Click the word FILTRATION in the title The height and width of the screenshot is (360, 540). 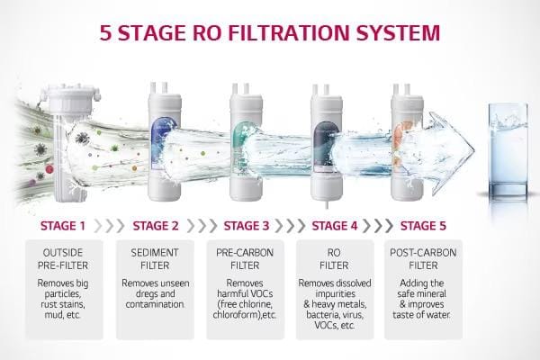pyautogui.click(x=289, y=32)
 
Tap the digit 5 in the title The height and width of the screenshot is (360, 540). pyautogui.click(x=106, y=32)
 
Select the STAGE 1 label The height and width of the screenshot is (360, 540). pyautogui.click(x=63, y=226)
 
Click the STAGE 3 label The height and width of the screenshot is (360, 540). pyautogui.click(x=247, y=226)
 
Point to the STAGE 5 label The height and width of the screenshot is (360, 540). pyautogui.click(x=423, y=226)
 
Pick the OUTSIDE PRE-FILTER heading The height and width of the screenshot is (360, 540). pyautogui.click(x=63, y=259)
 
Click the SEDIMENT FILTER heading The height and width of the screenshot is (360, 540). pyautogui.click(x=155, y=259)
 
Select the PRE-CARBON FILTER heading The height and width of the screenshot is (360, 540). pyautogui.click(x=245, y=259)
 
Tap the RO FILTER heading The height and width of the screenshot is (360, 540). pyautogui.click(x=334, y=259)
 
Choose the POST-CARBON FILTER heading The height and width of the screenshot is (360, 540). pyautogui.click(x=423, y=259)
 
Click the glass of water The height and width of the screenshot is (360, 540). pyautogui.click(x=508, y=151)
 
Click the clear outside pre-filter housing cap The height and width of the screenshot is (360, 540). pyautogui.click(x=70, y=98)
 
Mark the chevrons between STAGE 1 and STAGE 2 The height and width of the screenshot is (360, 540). pyautogui.click(x=109, y=226)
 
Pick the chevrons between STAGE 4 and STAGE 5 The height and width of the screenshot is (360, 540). pyautogui.click(x=378, y=226)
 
